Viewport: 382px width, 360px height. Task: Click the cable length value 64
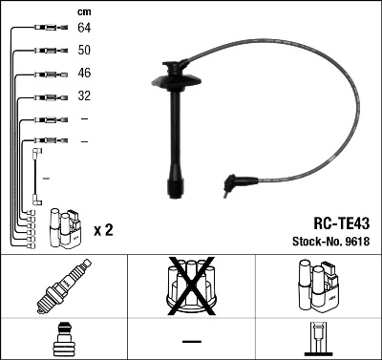84,29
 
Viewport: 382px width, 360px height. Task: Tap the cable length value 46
84,74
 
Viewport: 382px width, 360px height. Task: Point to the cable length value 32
84,96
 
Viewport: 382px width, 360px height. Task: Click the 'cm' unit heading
84,11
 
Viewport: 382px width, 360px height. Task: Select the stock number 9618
357,241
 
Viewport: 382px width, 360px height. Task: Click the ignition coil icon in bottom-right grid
316,285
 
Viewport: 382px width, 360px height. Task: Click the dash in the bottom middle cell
191,341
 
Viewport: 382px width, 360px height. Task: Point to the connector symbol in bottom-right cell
316,340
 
